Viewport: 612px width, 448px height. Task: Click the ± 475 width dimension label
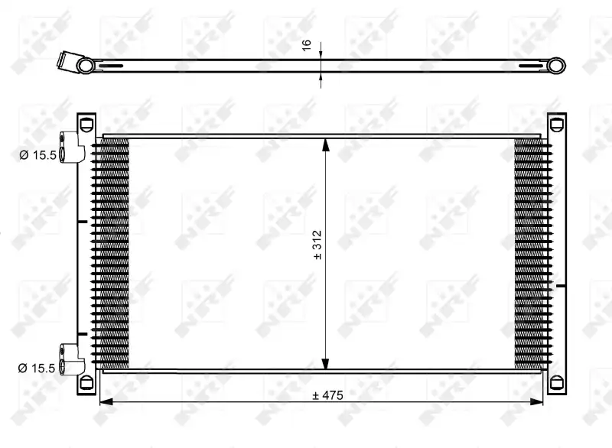pos(328,395)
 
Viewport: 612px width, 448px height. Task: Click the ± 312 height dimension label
pos(317,245)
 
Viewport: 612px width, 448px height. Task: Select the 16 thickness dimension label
pos(307,45)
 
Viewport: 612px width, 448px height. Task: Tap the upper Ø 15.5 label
pos(37,155)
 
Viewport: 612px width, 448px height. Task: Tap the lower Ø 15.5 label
pos(37,368)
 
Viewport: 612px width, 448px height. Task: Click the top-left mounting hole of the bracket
pos(86,125)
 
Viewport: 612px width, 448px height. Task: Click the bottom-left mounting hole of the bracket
pos(86,382)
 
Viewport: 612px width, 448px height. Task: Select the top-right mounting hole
pos(557,125)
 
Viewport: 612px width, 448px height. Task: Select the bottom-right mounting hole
pos(557,382)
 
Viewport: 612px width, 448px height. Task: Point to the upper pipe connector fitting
pos(71,148)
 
